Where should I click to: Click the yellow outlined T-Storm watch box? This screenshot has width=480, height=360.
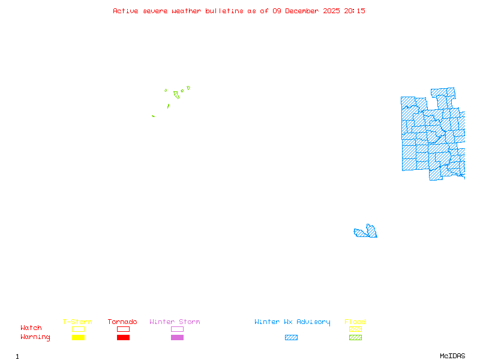78,329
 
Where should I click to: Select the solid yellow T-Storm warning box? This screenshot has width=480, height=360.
78,337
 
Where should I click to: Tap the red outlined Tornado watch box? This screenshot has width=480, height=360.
123,329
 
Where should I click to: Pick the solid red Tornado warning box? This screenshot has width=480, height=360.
123,337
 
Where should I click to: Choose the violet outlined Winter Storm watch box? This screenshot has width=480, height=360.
177,329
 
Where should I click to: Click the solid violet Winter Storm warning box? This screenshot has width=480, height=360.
177,337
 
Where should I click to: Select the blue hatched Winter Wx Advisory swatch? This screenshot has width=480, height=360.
291,337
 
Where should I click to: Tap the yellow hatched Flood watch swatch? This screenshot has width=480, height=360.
355,329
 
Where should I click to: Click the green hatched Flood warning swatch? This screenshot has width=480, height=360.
355,337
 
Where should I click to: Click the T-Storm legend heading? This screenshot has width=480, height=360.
77,322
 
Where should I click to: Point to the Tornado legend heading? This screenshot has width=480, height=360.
122,322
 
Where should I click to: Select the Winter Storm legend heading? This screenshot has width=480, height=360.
175,322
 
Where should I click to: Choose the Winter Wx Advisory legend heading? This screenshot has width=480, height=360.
292,322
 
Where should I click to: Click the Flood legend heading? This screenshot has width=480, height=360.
355,322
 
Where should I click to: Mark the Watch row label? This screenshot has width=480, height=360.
31,328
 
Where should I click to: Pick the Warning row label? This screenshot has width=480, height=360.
35,337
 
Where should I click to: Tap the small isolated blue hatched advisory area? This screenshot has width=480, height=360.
367,232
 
